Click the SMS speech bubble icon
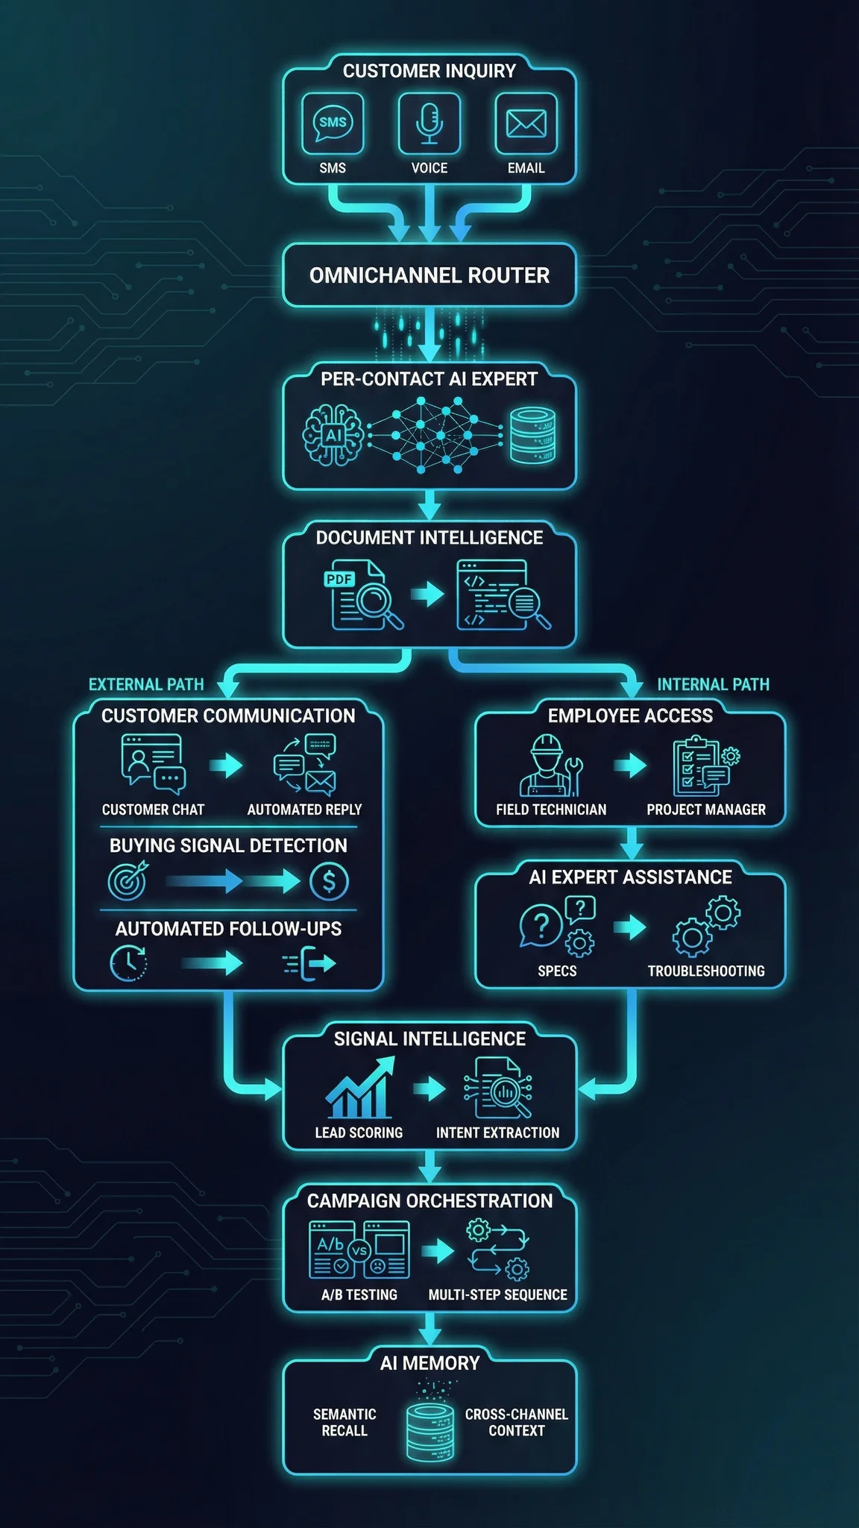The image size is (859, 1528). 333,123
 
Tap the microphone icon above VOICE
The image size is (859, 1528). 429,123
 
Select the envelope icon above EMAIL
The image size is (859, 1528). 526,123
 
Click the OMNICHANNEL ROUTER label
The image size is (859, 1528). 429,275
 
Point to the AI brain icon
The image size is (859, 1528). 333,435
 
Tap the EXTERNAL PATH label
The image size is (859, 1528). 146,684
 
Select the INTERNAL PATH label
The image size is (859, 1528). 713,684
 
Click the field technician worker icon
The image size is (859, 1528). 550,765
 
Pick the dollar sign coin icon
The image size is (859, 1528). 329,882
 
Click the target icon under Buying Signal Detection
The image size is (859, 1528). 128,882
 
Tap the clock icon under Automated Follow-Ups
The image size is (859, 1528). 128,963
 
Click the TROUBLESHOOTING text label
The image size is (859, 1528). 705,971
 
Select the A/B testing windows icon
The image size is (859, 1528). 359,1250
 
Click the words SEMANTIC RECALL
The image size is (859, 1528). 344,1422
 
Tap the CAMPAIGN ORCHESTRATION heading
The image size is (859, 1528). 429,1200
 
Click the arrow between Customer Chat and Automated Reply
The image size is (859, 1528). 226,765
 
